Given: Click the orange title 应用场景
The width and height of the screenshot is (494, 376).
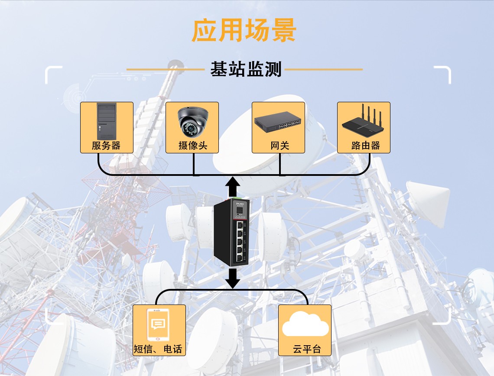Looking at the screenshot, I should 244,30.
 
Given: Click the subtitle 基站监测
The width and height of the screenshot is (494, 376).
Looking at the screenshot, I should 246,69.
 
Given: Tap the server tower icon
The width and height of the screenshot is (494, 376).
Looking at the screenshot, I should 106,121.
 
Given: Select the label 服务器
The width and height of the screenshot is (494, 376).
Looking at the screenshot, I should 106,146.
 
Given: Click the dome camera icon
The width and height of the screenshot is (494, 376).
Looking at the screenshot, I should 192,121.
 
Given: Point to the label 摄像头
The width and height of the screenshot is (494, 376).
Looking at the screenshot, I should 192,146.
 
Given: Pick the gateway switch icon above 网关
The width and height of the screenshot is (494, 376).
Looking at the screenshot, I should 278,122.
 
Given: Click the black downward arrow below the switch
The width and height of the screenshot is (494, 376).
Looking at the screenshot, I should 233,278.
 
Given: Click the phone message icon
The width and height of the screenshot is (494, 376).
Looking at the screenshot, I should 159,325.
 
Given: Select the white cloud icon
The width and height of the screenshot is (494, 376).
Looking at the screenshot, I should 305,326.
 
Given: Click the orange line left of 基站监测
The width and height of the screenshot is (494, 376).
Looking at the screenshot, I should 165,69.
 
